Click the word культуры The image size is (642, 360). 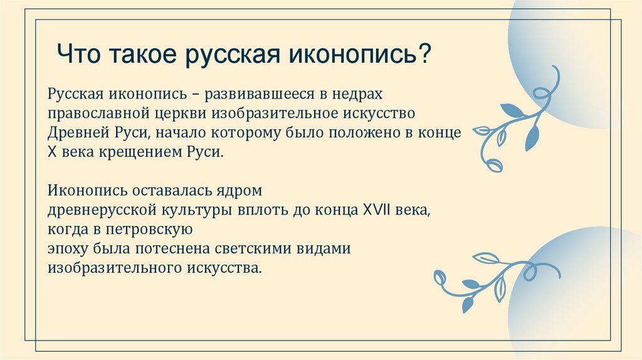[x=200, y=208]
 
